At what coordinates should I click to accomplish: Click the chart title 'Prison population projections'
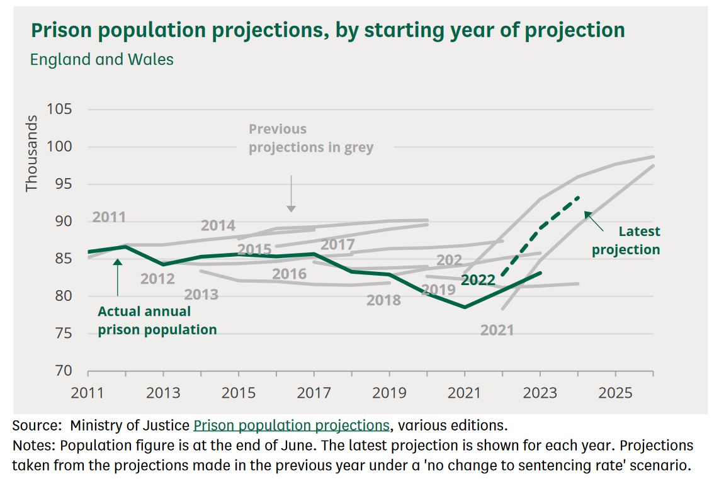click(x=327, y=30)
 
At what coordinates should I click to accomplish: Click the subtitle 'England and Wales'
click(x=102, y=60)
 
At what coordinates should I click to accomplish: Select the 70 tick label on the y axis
click(x=63, y=371)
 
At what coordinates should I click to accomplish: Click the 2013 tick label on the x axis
click(x=164, y=393)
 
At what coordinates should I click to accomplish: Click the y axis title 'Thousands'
click(x=32, y=154)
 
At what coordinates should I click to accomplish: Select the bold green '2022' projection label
click(x=478, y=281)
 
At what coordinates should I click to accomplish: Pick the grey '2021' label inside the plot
click(x=497, y=330)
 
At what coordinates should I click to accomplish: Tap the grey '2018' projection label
click(x=383, y=300)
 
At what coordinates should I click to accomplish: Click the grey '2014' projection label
click(x=218, y=225)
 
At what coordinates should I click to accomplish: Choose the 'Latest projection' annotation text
click(x=626, y=240)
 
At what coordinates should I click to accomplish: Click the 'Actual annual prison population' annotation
click(x=157, y=320)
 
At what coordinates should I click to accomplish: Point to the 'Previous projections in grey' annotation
click(x=310, y=138)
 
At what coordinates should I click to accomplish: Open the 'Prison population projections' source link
click(x=292, y=425)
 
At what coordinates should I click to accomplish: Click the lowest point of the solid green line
click(x=465, y=307)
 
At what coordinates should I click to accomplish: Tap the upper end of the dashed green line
click(x=578, y=197)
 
